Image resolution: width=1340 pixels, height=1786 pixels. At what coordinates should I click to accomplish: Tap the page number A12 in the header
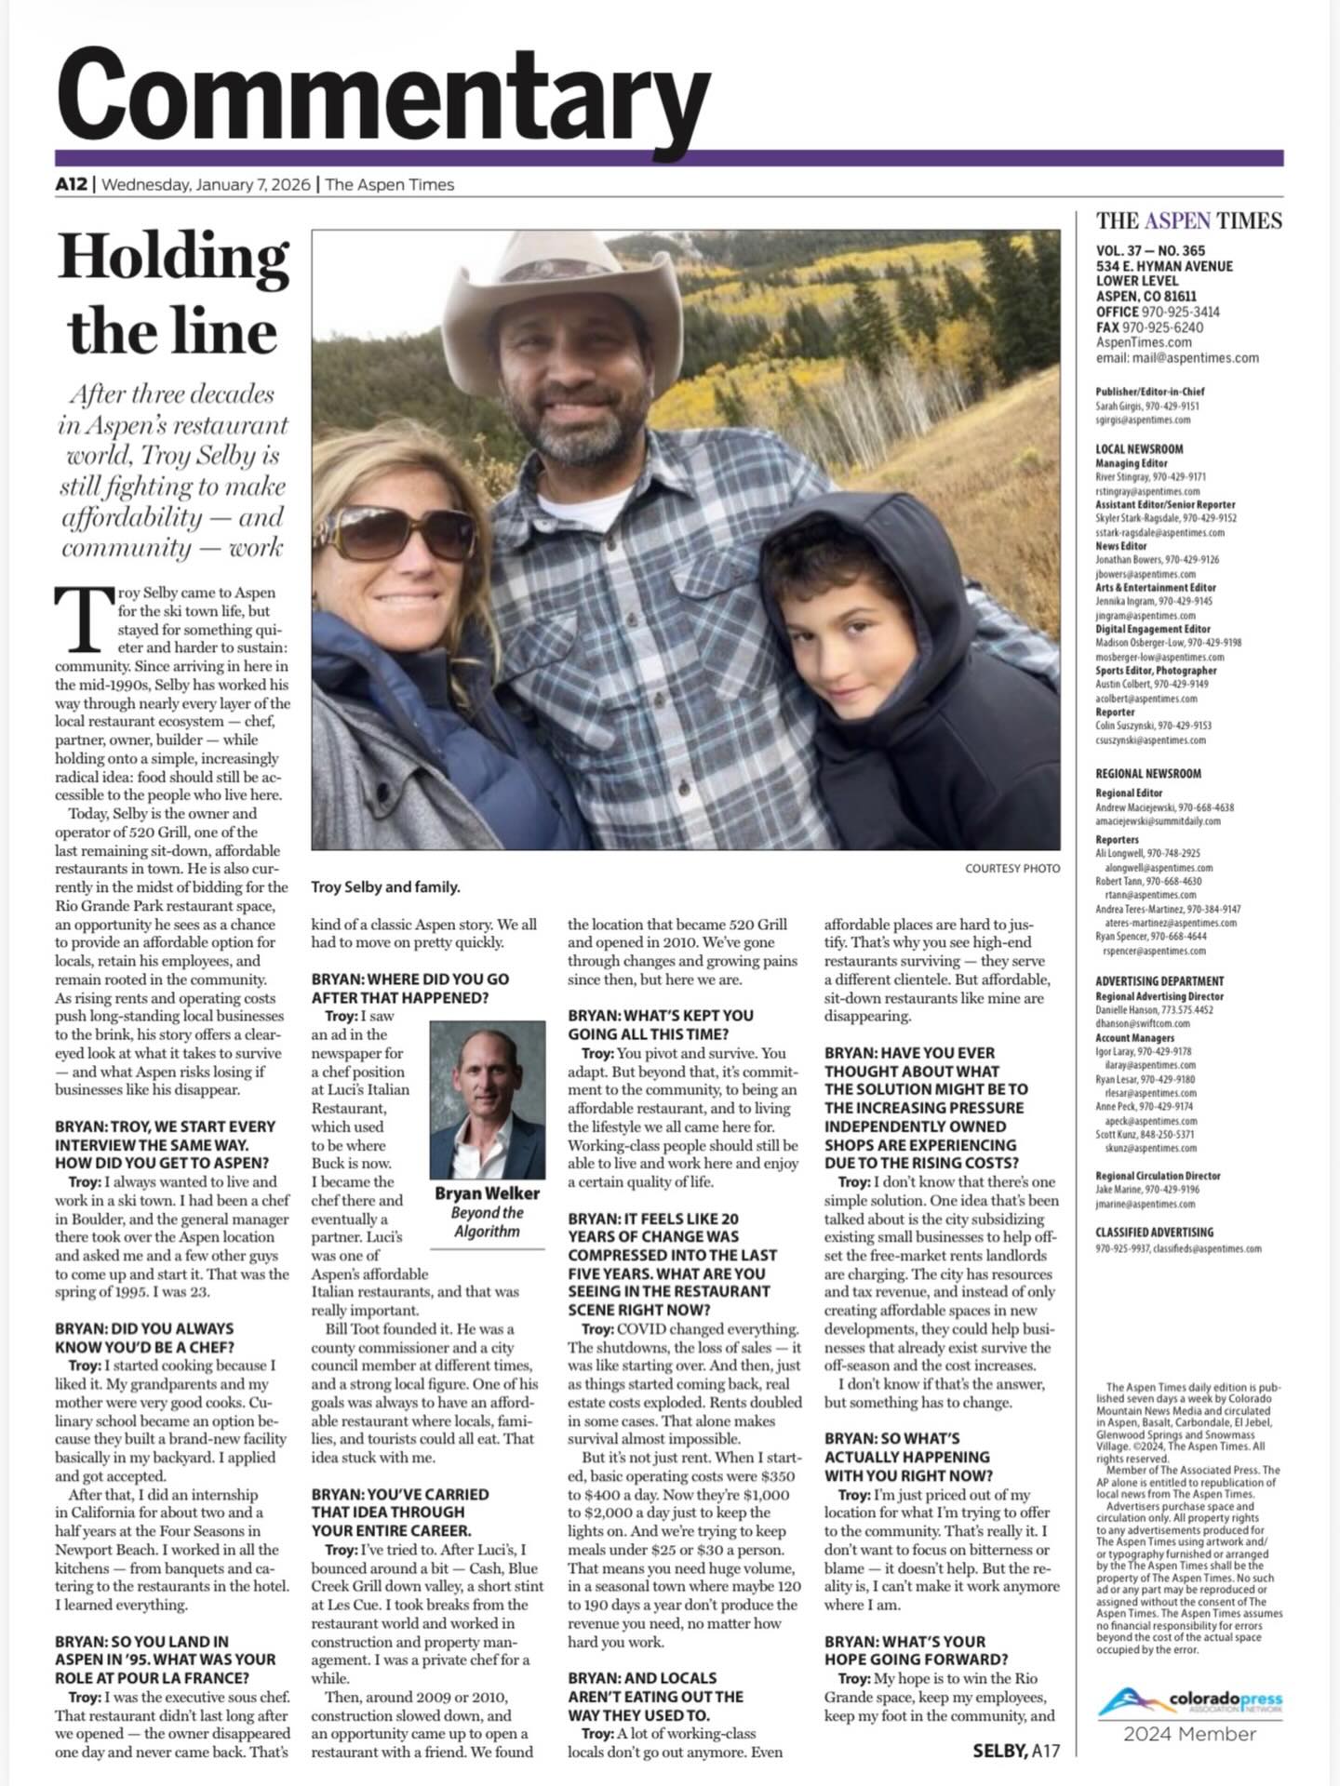(x=71, y=184)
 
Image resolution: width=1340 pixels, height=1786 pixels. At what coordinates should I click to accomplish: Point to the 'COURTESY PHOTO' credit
(x=1012, y=868)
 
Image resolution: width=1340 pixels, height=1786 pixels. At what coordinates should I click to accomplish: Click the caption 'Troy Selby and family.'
(x=385, y=886)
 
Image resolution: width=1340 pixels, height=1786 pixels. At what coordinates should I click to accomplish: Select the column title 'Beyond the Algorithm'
(x=487, y=1221)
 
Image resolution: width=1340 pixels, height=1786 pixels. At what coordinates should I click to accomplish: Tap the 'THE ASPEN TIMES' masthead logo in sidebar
(x=1188, y=220)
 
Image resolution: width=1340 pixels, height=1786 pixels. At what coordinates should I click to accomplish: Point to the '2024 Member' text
(x=1189, y=1733)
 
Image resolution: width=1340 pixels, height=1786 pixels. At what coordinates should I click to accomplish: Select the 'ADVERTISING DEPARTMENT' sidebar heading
(x=1159, y=980)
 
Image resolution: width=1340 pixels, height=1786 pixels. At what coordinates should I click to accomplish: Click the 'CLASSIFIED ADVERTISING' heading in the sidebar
(x=1154, y=1232)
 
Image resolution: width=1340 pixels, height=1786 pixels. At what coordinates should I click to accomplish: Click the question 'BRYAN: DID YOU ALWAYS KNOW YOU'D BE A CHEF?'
(x=144, y=1338)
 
